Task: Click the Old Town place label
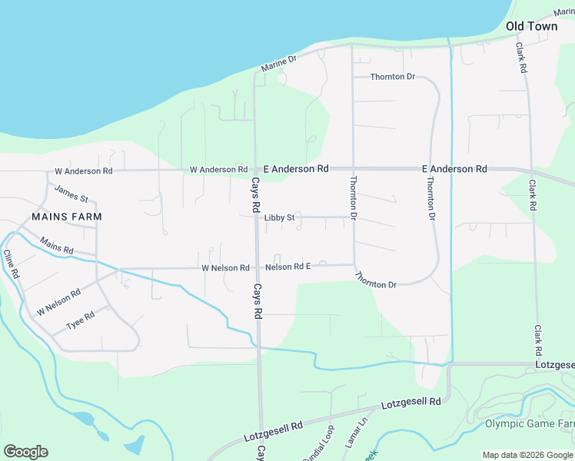(531, 26)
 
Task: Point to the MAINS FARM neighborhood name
(67, 217)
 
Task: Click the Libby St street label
(279, 218)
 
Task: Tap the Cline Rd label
(12, 264)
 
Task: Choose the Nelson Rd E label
(287, 267)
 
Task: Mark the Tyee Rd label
(80, 319)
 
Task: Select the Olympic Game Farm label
(530, 424)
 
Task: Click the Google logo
(25, 451)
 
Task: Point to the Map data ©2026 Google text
(527, 455)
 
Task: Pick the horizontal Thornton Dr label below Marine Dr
(392, 77)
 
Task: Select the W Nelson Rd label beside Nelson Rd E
(225, 268)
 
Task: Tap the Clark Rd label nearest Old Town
(521, 57)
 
